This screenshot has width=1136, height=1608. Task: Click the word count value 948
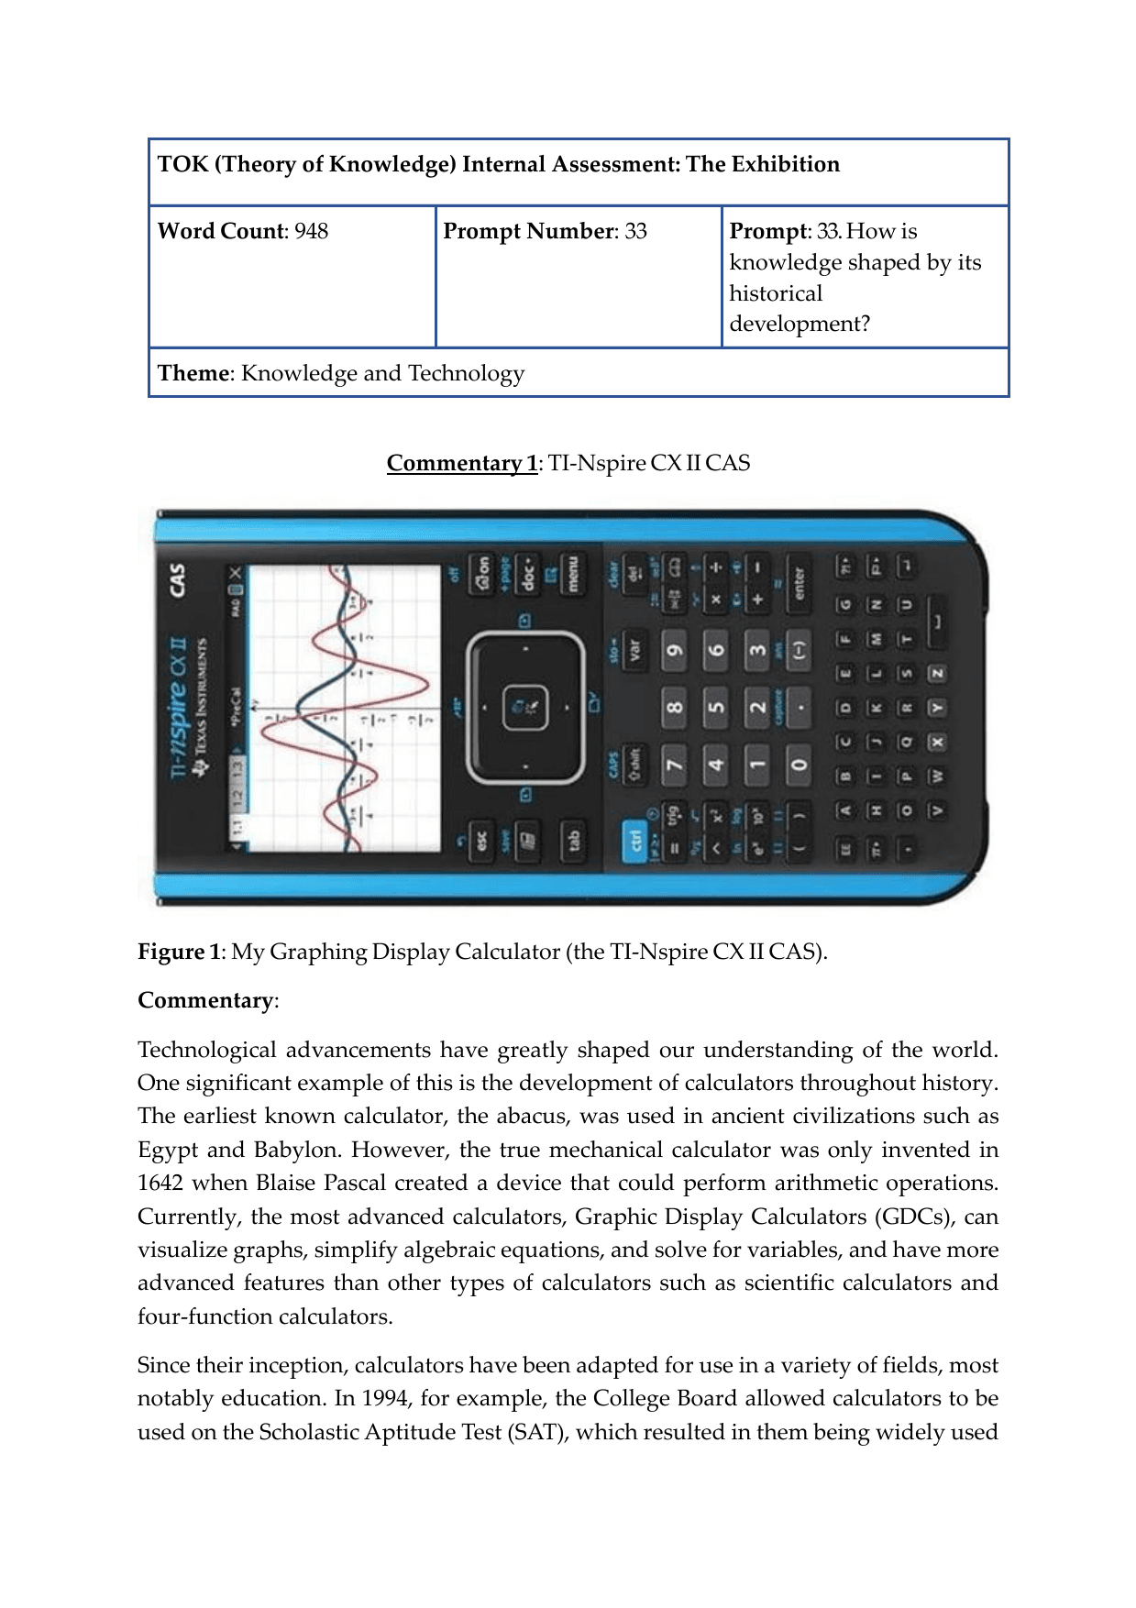[311, 231]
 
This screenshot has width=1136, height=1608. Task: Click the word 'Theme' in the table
[193, 373]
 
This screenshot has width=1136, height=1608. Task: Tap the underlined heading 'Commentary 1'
[461, 463]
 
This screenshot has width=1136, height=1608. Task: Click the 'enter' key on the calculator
[799, 582]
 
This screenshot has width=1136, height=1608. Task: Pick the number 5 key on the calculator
[716, 707]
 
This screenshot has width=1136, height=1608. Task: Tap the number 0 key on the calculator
[799, 764]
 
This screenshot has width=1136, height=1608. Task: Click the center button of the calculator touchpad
[525, 707]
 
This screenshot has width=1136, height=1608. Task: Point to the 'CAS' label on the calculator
[176, 579]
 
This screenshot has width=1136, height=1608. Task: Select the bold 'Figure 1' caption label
[179, 952]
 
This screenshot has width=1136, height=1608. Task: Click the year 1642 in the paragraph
[160, 1183]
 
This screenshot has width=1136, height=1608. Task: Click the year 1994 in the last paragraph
[385, 1398]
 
